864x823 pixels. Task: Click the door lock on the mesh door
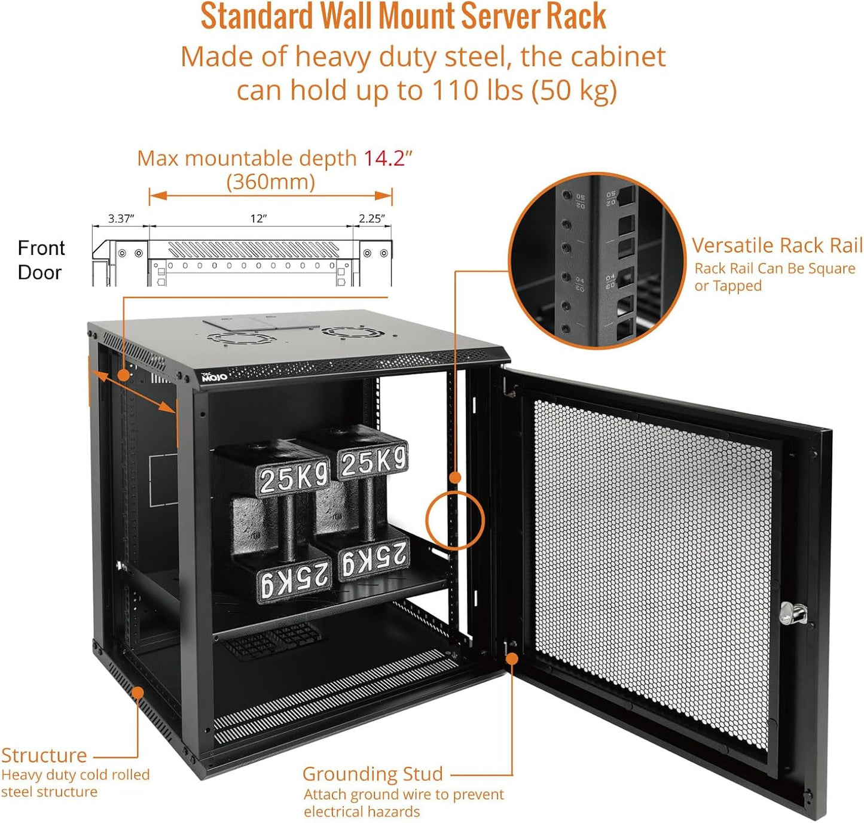coord(793,614)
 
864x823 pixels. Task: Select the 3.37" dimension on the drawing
coord(120,218)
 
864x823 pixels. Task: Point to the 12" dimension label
coord(258,218)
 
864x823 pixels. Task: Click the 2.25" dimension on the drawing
coord(371,218)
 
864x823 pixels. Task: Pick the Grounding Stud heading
coord(373,774)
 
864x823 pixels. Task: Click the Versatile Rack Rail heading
coord(777,245)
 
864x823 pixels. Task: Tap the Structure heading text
coord(44,755)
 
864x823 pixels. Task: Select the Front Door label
coord(41,260)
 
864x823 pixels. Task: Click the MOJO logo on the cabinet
coord(214,376)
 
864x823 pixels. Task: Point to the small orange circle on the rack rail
coord(455,520)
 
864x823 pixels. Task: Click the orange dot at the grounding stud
coord(512,659)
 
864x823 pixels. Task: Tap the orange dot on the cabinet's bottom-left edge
coord(138,693)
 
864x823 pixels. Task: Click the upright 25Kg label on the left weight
coord(293,478)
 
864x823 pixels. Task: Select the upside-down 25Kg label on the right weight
coord(374,559)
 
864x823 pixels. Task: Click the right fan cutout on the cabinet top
coord(347,332)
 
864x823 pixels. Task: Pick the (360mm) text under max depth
coord(270,182)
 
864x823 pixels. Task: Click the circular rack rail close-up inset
coord(597,261)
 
